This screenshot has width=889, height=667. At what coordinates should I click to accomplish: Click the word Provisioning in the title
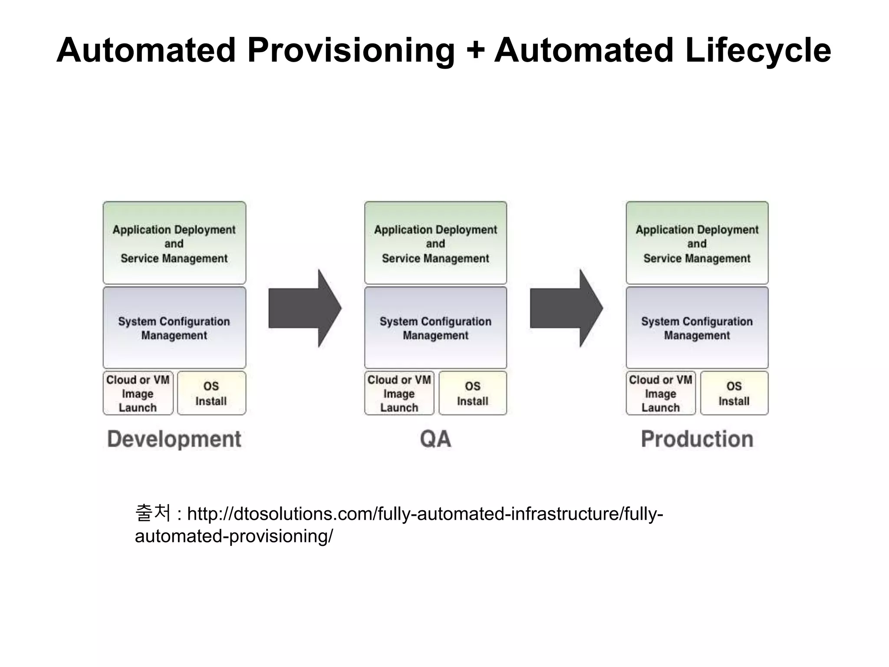pyautogui.click(x=351, y=50)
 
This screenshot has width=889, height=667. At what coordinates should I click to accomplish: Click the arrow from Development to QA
pyautogui.click(x=305, y=308)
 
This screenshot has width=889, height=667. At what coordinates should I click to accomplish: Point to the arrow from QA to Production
pyautogui.click(x=566, y=308)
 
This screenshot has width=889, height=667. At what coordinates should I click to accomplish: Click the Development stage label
pyautogui.click(x=174, y=439)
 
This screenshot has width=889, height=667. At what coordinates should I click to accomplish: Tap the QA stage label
pyautogui.click(x=435, y=439)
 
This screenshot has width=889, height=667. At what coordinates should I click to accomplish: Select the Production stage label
pyautogui.click(x=697, y=439)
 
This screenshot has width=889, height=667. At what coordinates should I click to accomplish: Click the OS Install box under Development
pyautogui.click(x=211, y=393)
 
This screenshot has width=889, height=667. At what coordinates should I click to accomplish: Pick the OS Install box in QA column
pyautogui.click(x=473, y=393)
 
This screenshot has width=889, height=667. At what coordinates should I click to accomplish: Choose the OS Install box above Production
pyautogui.click(x=734, y=393)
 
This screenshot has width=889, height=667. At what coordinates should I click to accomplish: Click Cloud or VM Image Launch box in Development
pyautogui.click(x=138, y=393)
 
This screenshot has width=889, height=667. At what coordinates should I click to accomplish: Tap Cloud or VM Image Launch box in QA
pyautogui.click(x=399, y=393)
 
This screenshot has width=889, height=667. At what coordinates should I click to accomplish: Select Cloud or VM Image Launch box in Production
pyautogui.click(x=661, y=393)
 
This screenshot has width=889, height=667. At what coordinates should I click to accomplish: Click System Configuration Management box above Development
pyautogui.click(x=174, y=328)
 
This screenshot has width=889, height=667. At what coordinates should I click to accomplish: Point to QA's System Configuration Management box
pyautogui.click(x=435, y=328)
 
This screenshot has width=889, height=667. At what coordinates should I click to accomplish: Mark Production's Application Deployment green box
pyautogui.click(x=697, y=243)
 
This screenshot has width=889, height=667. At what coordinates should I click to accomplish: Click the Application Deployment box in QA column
pyautogui.click(x=435, y=243)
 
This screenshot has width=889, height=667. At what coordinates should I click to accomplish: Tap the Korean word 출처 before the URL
pyautogui.click(x=153, y=513)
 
